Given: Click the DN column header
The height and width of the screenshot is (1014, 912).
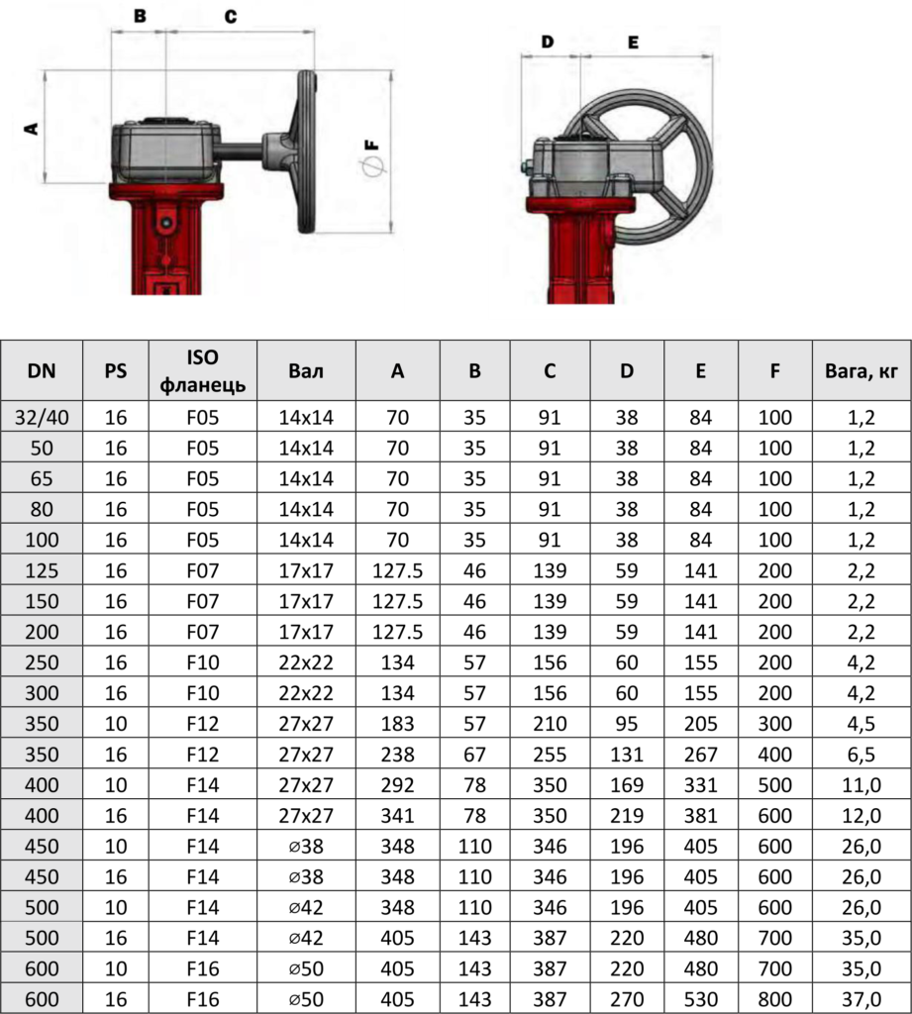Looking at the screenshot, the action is point(42,370).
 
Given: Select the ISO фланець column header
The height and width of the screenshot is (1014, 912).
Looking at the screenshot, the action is point(202,370).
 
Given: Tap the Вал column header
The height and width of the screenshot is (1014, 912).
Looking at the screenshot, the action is point(306,370).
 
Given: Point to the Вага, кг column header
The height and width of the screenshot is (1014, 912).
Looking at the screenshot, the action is point(861,371).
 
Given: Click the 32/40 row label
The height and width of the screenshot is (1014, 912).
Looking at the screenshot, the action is point(42,417).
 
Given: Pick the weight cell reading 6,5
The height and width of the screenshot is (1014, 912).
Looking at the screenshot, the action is point(861,754).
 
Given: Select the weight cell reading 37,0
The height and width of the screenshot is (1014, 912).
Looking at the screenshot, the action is point(861,999).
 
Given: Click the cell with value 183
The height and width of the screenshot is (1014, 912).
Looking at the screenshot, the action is point(397,724).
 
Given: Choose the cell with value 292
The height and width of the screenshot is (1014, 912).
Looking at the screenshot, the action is point(397,785).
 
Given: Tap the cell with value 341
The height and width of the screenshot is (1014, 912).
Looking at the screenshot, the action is point(397,816).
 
